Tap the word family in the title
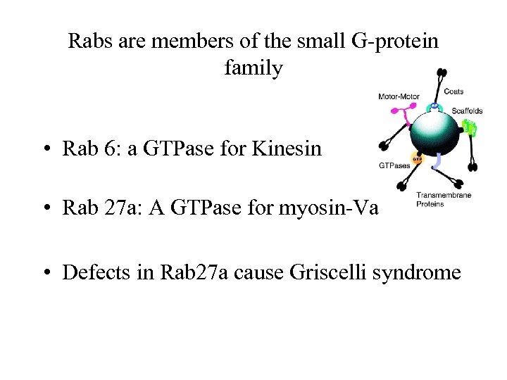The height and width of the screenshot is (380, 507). (x=254, y=68)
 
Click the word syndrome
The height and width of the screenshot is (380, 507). (x=422, y=272)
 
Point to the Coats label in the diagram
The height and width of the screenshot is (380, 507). (x=463, y=91)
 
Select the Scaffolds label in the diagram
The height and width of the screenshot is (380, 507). (x=467, y=110)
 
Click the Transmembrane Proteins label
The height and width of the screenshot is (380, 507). (x=444, y=200)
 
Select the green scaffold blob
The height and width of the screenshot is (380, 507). (x=470, y=129)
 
